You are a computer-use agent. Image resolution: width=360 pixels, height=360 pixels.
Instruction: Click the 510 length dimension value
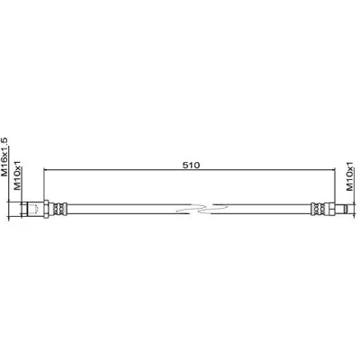point(191,165)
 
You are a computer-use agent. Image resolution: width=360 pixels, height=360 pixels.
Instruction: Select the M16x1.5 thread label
point(5,157)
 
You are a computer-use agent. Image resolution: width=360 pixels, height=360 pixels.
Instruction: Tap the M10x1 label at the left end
point(18,175)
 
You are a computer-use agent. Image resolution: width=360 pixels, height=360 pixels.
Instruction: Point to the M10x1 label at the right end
point(350,175)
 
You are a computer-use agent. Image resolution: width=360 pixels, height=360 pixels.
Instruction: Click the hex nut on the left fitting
point(46,209)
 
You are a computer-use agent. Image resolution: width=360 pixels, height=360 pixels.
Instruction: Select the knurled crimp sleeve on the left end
point(59,209)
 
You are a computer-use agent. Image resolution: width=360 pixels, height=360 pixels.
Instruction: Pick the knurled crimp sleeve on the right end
point(319,209)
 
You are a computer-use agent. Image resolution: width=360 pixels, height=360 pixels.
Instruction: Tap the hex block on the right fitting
point(330,209)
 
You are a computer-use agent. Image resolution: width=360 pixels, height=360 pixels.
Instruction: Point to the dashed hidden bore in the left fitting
point(34,209)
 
